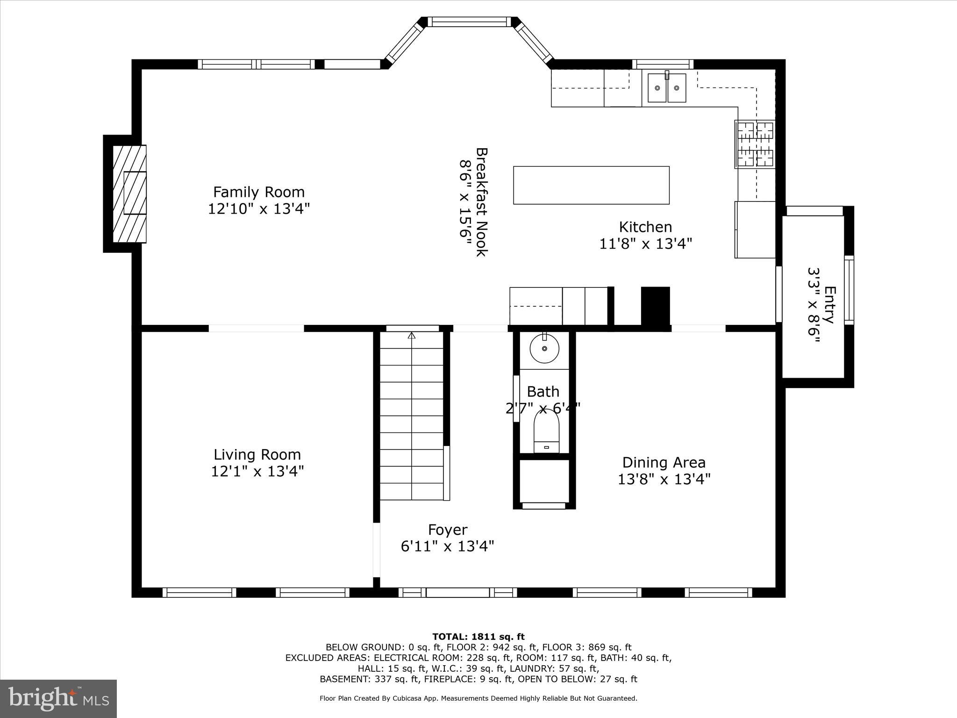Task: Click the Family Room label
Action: [259, 192]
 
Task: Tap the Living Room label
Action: [257, 454]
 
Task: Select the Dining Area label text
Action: [664, 462]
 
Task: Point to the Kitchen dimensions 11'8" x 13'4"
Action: [645, 244]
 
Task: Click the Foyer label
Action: [448, 530]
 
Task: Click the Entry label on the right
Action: [829, 305]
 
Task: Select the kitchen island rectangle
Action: [591, 185]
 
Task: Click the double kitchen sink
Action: [667, 87]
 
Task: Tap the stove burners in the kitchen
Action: [755, 144]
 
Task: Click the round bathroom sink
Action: [544, 348]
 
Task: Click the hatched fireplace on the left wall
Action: [130, 194]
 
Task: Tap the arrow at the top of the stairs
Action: [412, 335]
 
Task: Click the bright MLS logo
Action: [58, 699]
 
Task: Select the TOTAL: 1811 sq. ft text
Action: [478, 637]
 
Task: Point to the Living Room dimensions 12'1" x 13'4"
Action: [257, 471]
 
